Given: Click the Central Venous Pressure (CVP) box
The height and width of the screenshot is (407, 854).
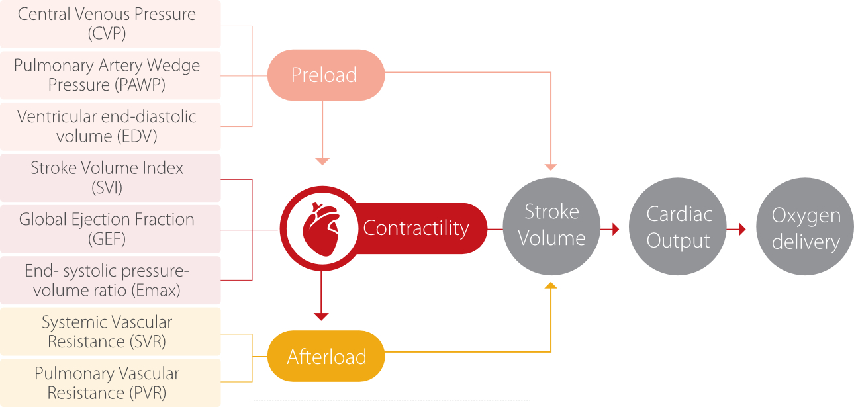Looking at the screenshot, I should point(109,24).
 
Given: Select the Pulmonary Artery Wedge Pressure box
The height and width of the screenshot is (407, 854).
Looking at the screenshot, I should point(109,75).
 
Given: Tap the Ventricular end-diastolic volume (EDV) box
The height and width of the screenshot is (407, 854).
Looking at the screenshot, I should point(109,126).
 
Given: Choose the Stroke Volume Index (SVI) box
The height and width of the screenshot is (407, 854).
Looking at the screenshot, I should point(109,177).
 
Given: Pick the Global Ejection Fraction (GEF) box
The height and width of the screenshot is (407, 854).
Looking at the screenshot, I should point(109,229).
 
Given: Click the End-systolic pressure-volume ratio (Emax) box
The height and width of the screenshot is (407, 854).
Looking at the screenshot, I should point(109,280).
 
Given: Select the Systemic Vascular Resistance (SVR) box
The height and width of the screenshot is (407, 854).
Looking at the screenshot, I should point(109,332).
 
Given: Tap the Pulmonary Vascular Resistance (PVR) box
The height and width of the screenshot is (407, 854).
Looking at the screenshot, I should point(109,383).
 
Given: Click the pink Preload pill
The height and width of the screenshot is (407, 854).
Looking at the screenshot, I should point(325,75).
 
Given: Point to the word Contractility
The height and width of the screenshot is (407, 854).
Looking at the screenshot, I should point(416,228).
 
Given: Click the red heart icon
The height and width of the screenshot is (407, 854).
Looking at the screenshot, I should point(321,228).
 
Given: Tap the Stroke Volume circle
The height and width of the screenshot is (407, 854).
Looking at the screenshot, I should point(551,225).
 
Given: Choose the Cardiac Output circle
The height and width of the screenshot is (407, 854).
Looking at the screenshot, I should point(679,227).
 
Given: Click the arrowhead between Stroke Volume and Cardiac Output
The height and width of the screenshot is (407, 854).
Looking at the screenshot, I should point(615,229).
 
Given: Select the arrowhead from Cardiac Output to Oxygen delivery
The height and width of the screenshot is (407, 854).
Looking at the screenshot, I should point(742,229).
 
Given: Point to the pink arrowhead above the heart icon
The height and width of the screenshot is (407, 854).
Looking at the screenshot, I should point(322,161).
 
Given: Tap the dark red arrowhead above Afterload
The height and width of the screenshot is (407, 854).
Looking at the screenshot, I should point(322,316).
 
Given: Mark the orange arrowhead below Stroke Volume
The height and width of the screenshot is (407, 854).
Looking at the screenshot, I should point(551,285).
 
